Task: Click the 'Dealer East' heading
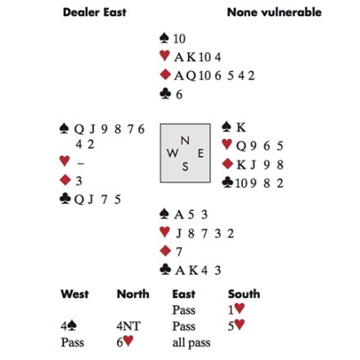pyautogui.click(x=95, y=12)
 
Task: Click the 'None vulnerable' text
pyautogui.click(x=274, y=12)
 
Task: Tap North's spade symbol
pyautogui.click(x=164, y=38)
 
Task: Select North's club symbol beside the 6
pyautogui.click(x=165, y=94)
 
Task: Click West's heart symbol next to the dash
pyautogui.click(x=65, y=160)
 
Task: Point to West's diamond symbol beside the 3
pyautogui.click(x=65, y=180)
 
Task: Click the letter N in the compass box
pyautogui.click(x=185, y=141)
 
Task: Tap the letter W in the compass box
pyautogui.click(x=173, y=153)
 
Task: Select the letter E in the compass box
pyautogui.click(x=200, y=154)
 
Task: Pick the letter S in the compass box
pyautogui.click(x=185, y=166)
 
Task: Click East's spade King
pyautogui.click(x=241, y=128)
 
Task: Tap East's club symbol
pyautogui.click(x=227, y=182)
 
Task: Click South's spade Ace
pyautogui.click(x=179, y=214)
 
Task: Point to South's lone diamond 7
pyautogui.click(x=178, y=251)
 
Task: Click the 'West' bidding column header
pyautogui.click(x=74, y=294)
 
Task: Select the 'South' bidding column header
pyautogui.click(x=244, y=294)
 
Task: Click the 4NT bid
pyautogui.click(x=128, y=326)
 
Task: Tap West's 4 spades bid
pyautogui.click(x=69, y=326)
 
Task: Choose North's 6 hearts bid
pyautogui.click(x=125, y=342)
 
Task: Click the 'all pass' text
pyautogui.click(x=191, y=343)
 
